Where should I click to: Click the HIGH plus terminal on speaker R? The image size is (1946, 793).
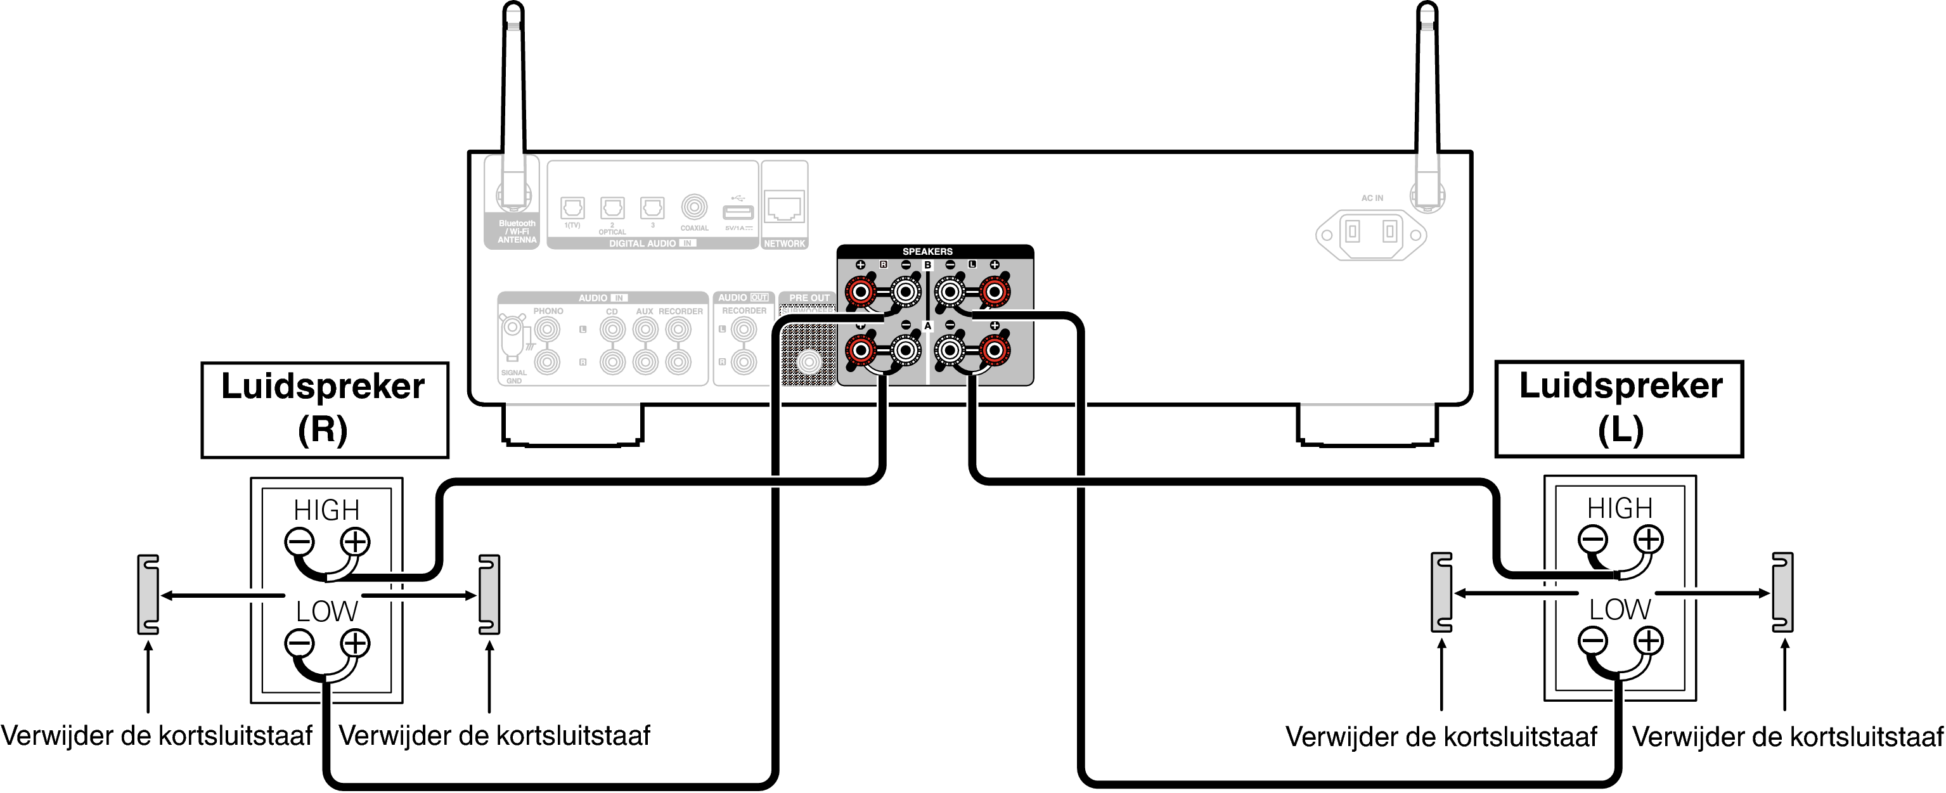354,541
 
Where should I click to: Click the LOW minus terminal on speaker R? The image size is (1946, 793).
299,643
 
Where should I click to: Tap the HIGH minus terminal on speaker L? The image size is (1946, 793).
1592,539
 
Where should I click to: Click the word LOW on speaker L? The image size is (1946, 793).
1620,609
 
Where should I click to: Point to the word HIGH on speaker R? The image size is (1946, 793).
326,510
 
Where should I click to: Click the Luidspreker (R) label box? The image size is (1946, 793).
325,409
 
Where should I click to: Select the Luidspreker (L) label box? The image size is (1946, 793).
1620,409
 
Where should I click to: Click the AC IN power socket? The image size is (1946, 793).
1370,233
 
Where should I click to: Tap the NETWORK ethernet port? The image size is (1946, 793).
784,206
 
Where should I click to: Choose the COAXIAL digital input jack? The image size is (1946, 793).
694,206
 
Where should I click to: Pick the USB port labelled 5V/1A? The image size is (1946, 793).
738,212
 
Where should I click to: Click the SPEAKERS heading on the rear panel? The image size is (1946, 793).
927,252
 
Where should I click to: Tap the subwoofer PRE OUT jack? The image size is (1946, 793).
809,362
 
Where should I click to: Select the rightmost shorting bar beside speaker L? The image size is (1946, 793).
1783,592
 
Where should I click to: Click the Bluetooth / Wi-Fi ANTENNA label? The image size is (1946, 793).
517,232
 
